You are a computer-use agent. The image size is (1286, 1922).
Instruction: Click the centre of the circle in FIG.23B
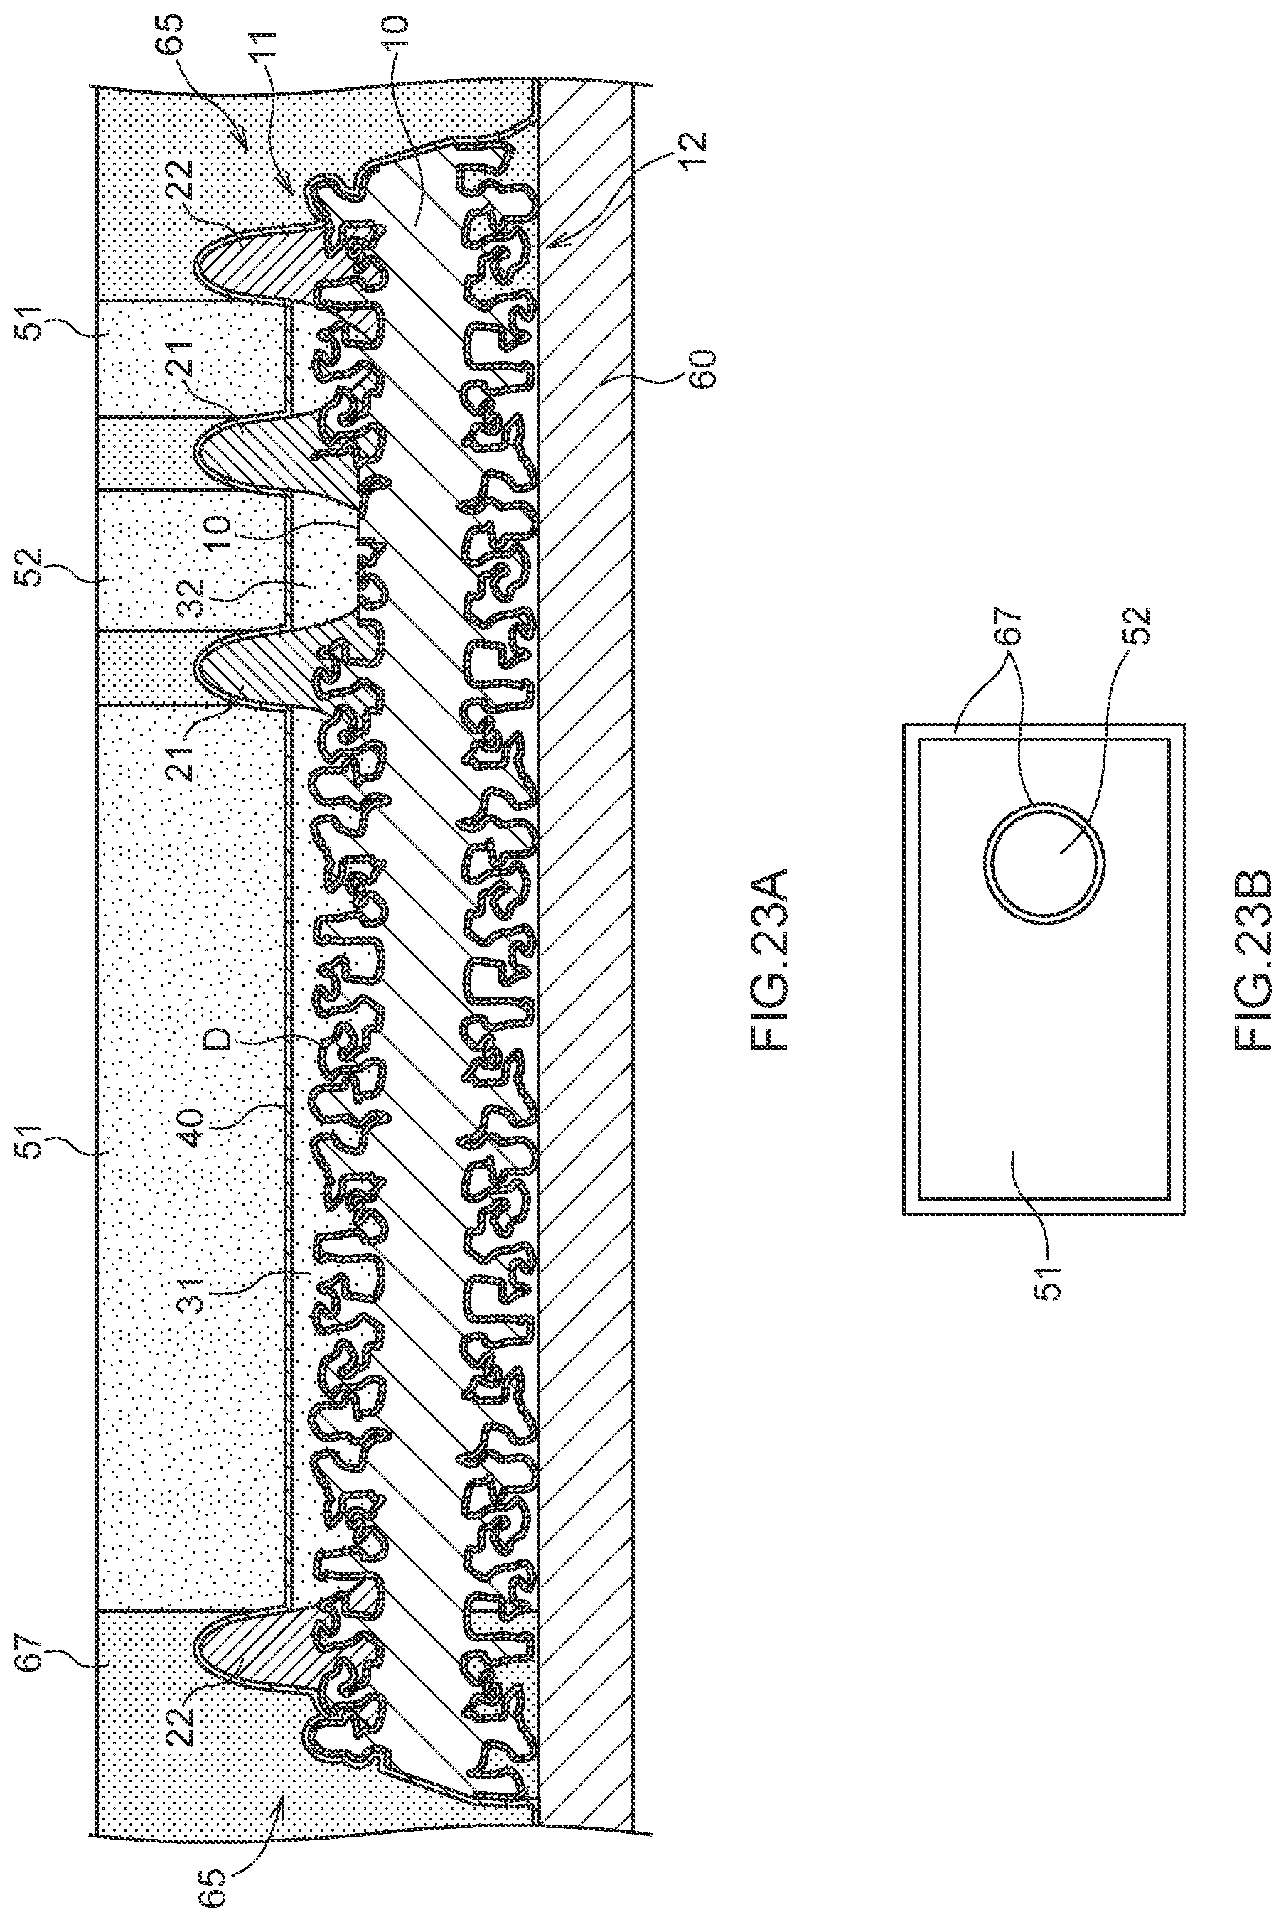(x=1044, y=864)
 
